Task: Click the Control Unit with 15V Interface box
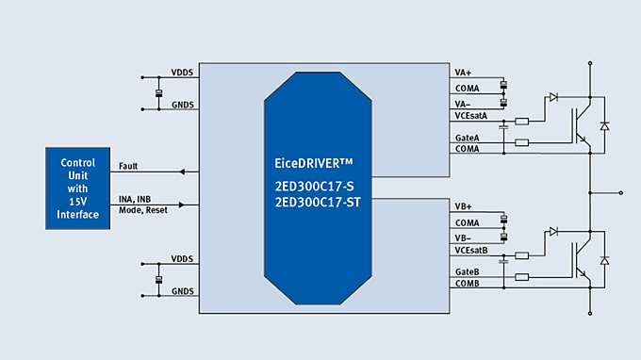pyautogui.click(x=78, y=188)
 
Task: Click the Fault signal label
pyautogui.click(x=129, y=167)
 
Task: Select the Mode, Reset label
pyautogui.click(x=143, y=209)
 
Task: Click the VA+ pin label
pyautogui.click(x=463, y=73)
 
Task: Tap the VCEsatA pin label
pyautogui.click(x=469, y=116)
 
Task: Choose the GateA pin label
pyautogui.click(x=467, y=138)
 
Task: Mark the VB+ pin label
pyautogui.click(x=463, y=206)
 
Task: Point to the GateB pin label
pyautogui.click(x=467, y=271)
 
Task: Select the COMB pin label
pyautogui.click(x=467, y=283)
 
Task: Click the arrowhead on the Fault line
pyautogui.click(x=182, y=172)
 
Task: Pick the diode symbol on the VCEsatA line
pyautogui.click(x=553, y=96)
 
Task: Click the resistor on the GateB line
pyautogui.click(x=522, y=277)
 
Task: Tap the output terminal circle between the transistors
pyautogui.click(x=620, y=192)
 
